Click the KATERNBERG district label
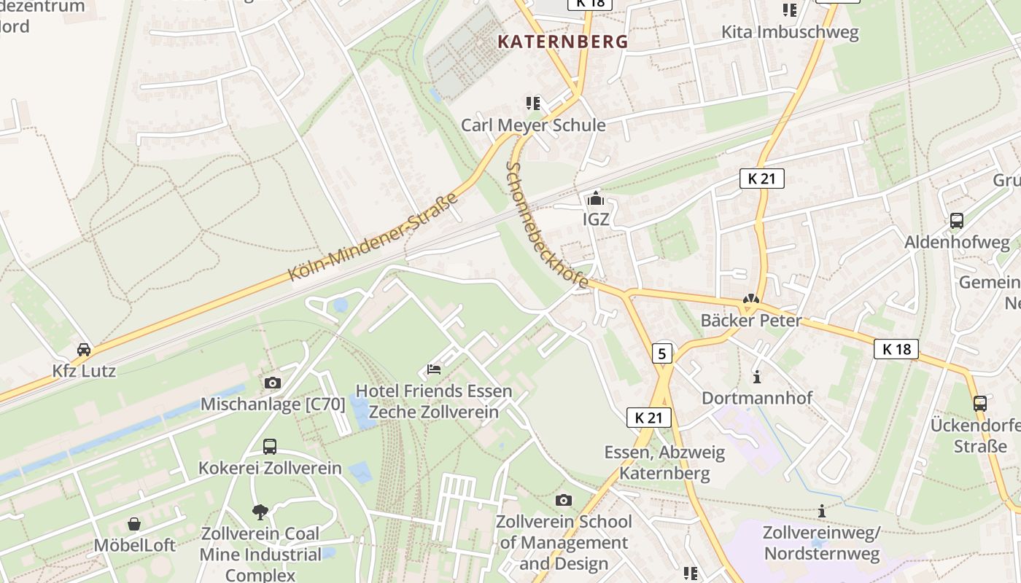(562, 42)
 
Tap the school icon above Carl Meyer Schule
(533, 103)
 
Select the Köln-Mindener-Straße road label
(373, 237)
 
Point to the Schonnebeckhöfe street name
(547, 226)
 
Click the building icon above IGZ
(596, 198)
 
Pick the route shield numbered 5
(661, 354)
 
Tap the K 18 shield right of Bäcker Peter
(896, 349)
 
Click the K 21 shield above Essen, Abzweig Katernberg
(648, 418)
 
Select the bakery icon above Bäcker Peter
(750, 299)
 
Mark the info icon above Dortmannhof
(757, 377)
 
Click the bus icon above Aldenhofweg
(957, 221)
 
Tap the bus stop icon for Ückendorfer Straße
(980, 403)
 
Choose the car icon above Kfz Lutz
(84, 350)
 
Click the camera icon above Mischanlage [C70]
(272, 383)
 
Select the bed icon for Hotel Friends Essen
(434, 369)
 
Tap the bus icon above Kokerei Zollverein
(270, 446)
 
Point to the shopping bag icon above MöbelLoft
(134, 524)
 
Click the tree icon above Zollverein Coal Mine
(260, 512)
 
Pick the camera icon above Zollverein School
(563, 500)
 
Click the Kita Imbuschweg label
(790, 32)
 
